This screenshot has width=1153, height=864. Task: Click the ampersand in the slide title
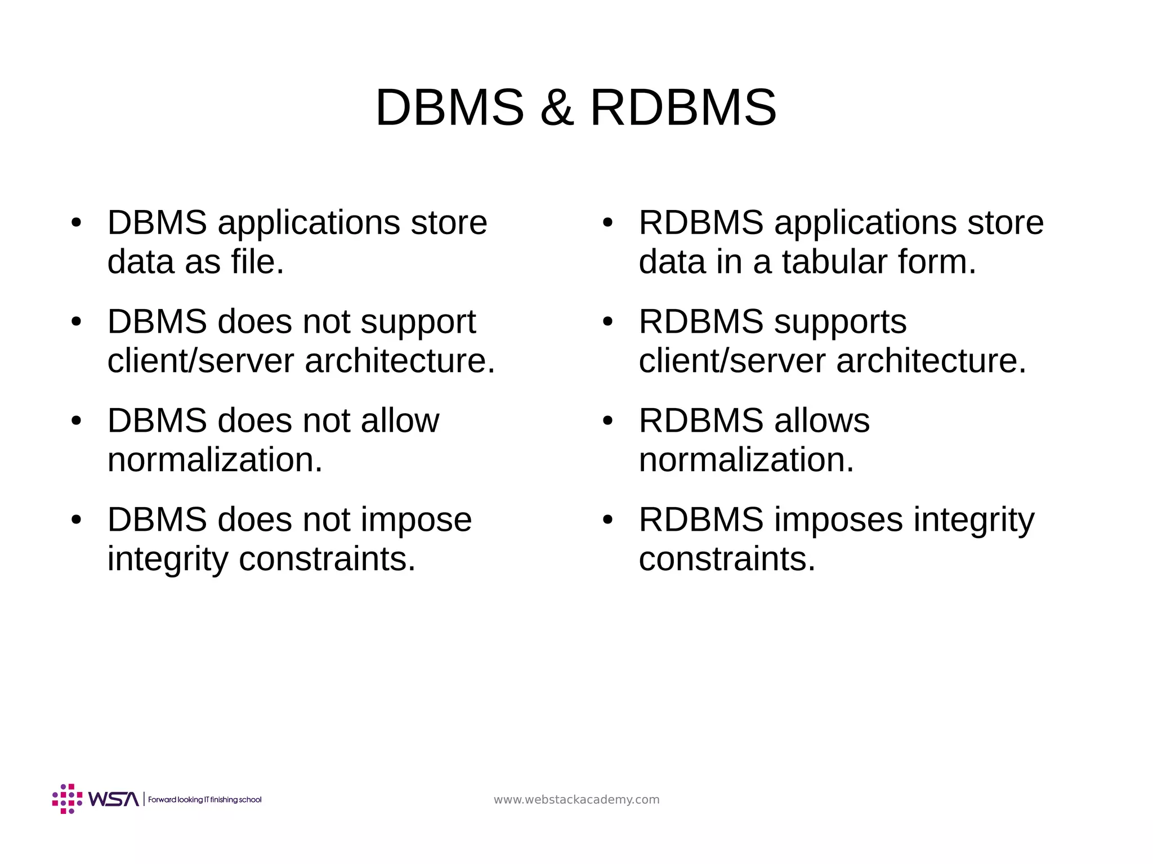click(x=557, y=108)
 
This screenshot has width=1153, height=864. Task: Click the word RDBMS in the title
click(x=683, y=108)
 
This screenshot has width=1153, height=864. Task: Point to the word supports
click(x=840, y=322)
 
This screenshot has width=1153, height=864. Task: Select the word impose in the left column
click(x=415, y=520)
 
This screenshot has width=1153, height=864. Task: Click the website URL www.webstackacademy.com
click(x=576, y=800)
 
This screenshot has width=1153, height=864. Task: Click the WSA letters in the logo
click(x=113, y=799)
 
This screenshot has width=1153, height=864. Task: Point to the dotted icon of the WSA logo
click(x=67, y=799)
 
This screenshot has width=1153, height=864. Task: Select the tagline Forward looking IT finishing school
click(x=205, y=800)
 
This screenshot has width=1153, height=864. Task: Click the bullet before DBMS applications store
click(x=77, y=222)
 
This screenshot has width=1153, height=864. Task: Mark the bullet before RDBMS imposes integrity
click(x=607, y=520)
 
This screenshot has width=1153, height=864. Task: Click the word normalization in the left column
click(x=214, y=460)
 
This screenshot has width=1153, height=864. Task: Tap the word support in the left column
click(x=418, y=322)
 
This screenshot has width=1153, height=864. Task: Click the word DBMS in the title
click(x=449, y=108)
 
